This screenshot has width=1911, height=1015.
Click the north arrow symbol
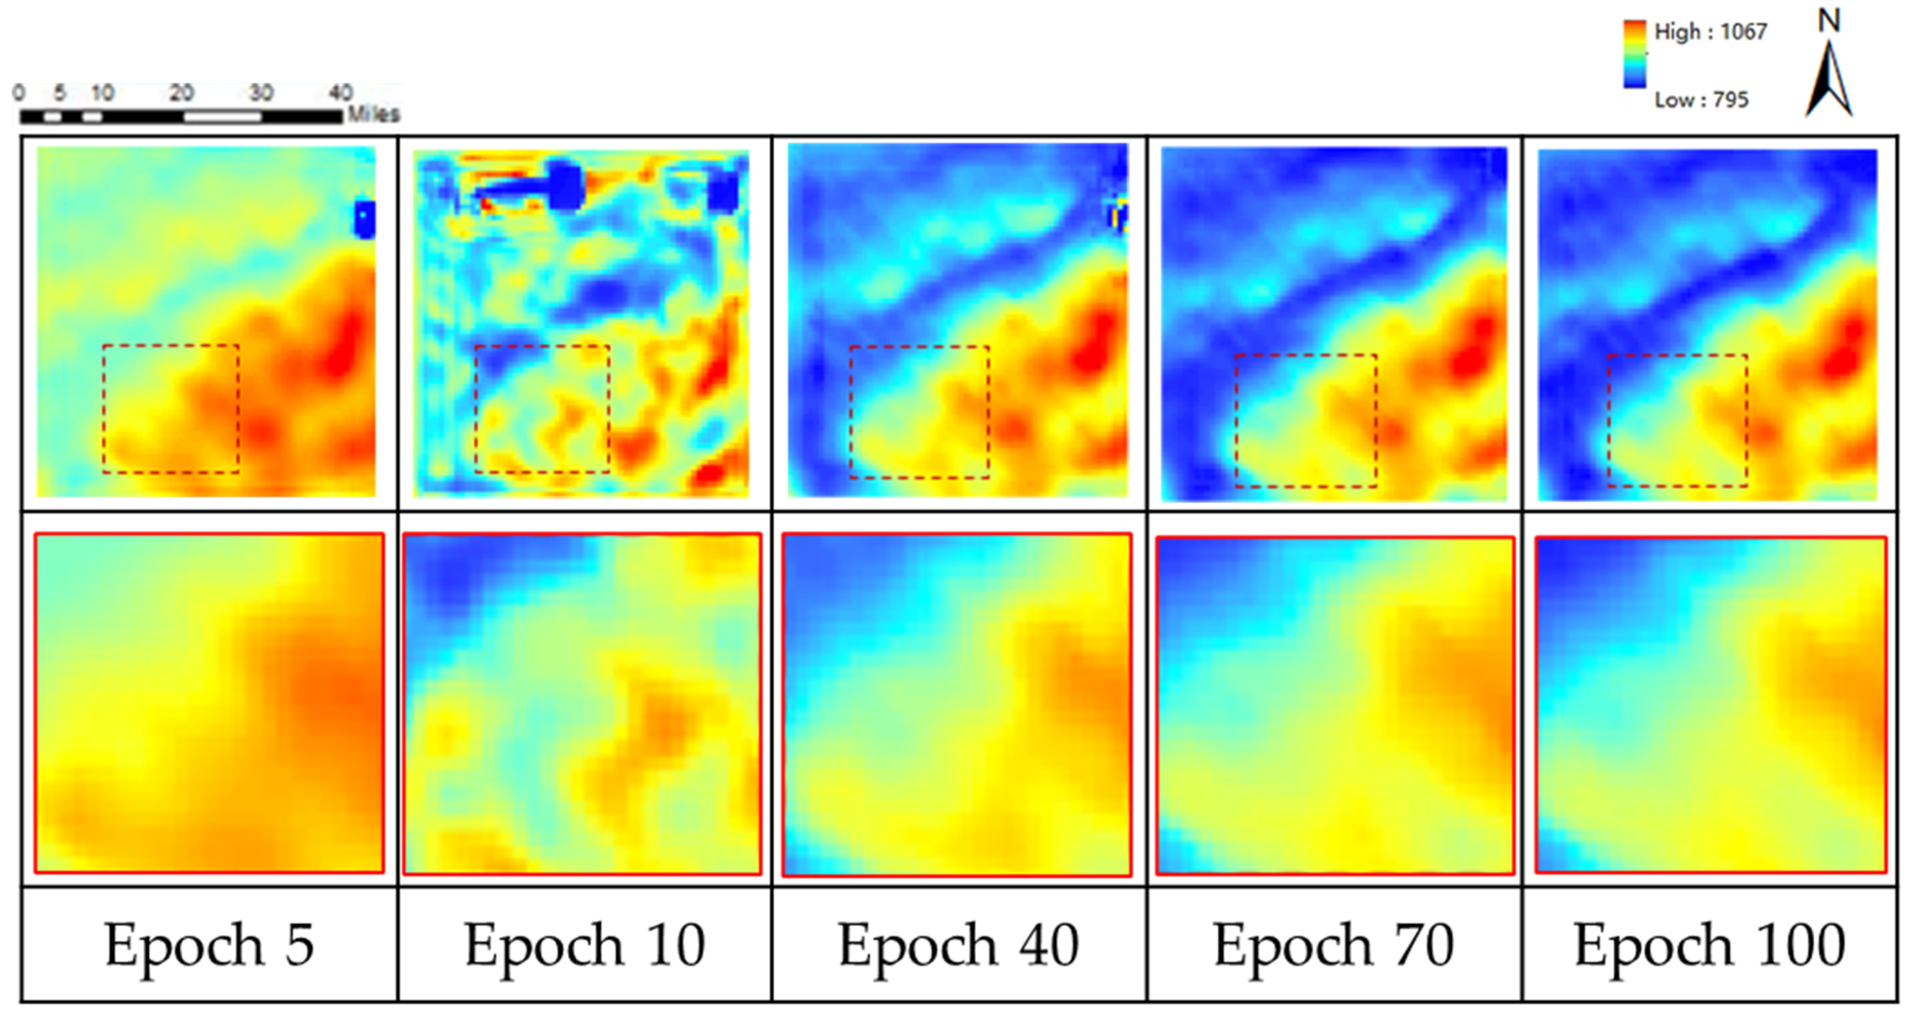[1829, 82]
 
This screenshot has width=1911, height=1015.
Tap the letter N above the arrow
[1829, 21]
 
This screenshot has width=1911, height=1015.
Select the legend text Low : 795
[1701, 99]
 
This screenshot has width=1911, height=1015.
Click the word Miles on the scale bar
[374, 114]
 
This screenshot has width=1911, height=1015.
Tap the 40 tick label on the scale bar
[341, 93]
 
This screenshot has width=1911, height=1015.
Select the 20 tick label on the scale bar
[182, 93]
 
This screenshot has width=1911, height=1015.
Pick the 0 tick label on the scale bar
[19, 93]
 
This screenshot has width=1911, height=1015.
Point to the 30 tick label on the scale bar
[261, 93]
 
